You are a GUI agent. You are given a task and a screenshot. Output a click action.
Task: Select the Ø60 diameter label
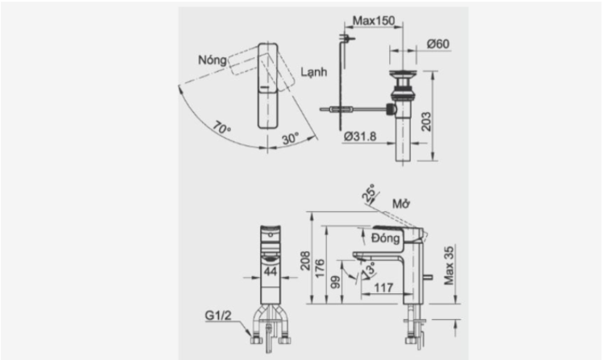tap(438, 43)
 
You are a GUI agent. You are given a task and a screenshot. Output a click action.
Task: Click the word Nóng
tap(211, 60)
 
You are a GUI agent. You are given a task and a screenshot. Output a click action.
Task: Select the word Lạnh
tap(313, 72)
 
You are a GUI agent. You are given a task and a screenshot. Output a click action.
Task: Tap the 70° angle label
tap(222, 127)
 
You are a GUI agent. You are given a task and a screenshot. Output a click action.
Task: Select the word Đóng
tap(387, 239)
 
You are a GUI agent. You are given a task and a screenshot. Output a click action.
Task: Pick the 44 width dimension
tap(271, 273)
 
